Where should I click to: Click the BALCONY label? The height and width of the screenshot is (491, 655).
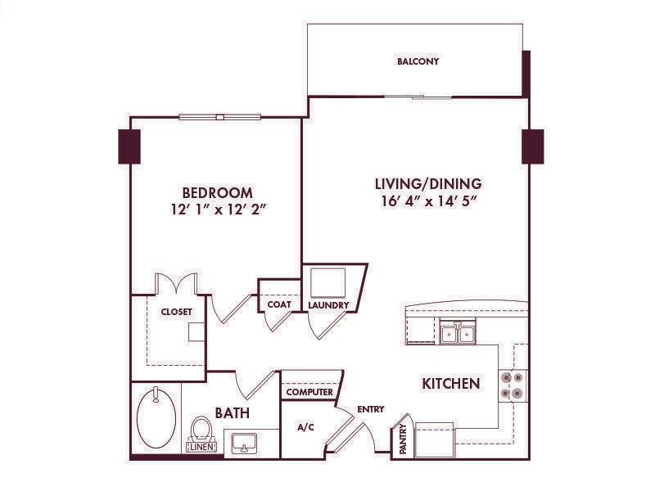coord(418,61)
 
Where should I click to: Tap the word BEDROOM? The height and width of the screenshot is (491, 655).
coord(217,193)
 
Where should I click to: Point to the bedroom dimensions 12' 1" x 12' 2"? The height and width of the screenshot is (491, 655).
coord(219,209)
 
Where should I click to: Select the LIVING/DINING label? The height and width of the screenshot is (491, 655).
coord(428,183)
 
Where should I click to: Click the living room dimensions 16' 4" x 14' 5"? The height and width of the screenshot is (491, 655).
coord(429,201)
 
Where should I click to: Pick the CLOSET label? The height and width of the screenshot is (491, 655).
coord(176,312)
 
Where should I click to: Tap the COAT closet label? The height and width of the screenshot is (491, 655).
coord(279,304)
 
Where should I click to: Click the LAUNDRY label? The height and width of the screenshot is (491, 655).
coord(328,305)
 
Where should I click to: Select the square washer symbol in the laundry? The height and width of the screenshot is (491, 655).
coord(328,282)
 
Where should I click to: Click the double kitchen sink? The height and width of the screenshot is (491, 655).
coord(458,332)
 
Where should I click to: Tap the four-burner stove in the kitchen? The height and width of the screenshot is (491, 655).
coord(513,385)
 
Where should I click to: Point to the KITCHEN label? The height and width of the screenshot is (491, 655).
coord(451,383)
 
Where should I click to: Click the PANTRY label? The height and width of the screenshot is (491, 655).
coord(403,439)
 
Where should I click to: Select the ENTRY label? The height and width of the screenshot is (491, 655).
coord(371,409)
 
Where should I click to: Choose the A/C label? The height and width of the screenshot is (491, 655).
coord(305,427)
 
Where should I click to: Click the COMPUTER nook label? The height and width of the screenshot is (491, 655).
coord(309,392)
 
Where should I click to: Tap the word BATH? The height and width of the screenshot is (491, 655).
coord(233,413)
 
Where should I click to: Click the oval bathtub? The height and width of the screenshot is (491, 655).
coord(156,418)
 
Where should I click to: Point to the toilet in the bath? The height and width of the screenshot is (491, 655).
coord(201,429)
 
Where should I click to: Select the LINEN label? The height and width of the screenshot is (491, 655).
coord(202,447)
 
